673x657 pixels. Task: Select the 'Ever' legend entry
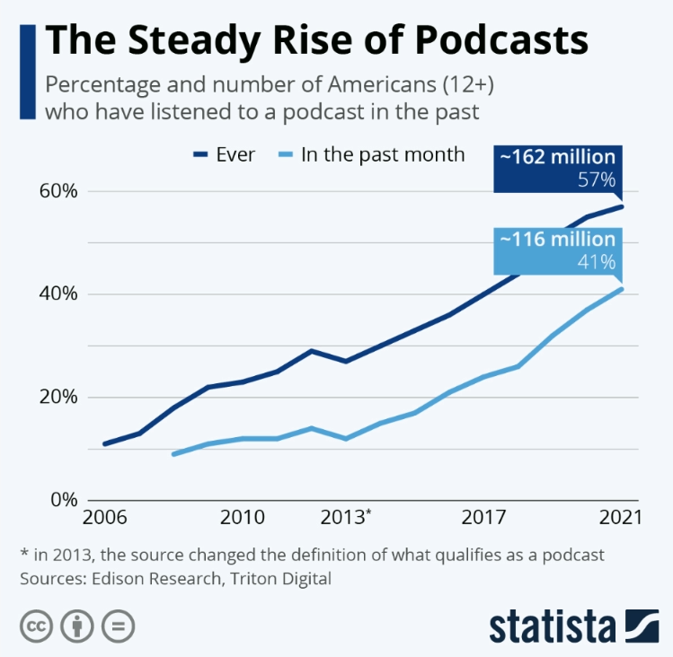click(235, 154)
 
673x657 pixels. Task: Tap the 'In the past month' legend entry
click(383, 154)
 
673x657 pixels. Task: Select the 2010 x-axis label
click(242, 518)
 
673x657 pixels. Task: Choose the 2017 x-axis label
click(484, 518)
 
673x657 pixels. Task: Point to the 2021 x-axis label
click(621, 518)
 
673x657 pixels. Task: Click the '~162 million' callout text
click(557, 158)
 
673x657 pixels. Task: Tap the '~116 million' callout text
click(557, 240)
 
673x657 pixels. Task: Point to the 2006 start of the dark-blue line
click(104, 443)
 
